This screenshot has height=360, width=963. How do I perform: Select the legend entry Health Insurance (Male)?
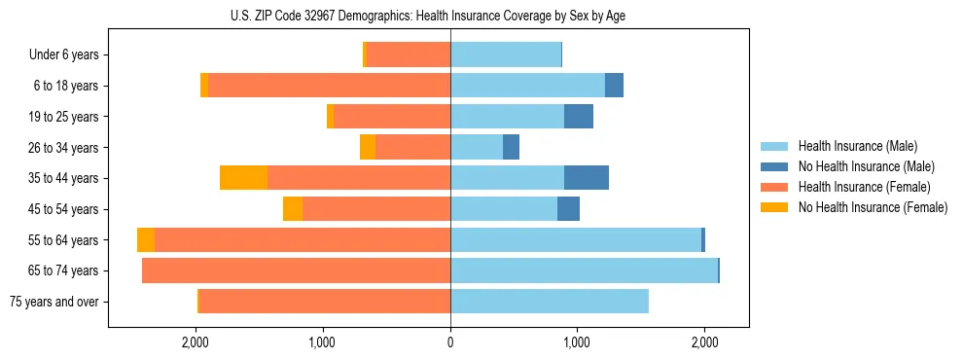(x=857, y=146)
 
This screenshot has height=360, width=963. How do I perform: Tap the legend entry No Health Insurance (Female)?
(x=872, y=207)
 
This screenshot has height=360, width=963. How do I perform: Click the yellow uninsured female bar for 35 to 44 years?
(x=243, y=178)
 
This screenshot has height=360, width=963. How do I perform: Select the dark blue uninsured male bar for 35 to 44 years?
(x=587, y=178)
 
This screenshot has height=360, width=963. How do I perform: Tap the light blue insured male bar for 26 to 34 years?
(x=477, y=147)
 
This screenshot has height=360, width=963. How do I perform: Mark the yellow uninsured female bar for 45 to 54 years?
(x=293, y=209)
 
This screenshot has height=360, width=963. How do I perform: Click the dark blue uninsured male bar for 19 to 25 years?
(x=579, y=117)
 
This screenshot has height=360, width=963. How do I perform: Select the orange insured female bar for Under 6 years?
(x=408, y=55)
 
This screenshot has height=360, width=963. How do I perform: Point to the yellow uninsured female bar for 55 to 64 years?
(x=146, y=239)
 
